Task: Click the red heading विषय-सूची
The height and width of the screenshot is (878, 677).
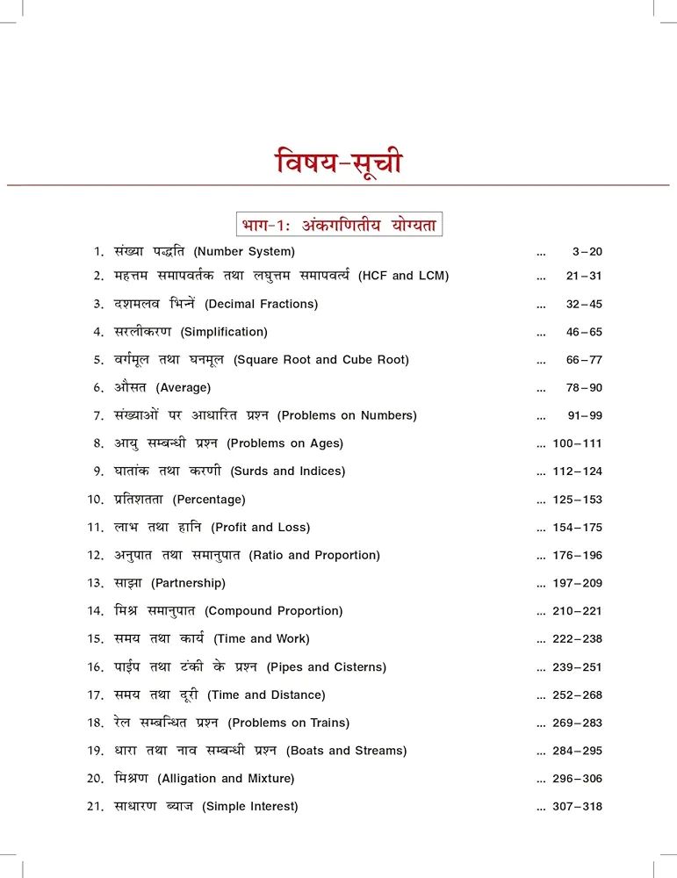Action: tap(338, 164)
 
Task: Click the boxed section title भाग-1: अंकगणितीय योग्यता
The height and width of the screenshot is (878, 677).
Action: tap(338, 224)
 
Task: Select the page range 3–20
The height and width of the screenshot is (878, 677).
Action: tap(587, 252)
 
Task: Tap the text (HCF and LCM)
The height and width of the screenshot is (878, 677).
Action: tap(403, 276)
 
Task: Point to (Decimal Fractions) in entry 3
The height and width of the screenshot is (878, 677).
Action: tap(261, 304)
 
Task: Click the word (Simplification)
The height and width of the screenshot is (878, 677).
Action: tap(224, 332)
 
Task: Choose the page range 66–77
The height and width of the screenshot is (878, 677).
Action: tap(584, 360)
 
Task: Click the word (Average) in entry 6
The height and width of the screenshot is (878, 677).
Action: tap(184, 387)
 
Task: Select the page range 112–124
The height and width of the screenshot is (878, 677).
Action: tap(577, 471)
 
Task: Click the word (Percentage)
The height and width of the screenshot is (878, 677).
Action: tap(209, 500)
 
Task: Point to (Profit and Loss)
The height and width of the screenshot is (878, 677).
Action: tap(260, 528)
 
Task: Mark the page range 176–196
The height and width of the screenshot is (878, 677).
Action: tap(577, 556)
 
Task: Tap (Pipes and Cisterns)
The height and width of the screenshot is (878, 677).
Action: tap(326, 667)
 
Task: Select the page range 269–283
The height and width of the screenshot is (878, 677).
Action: tap(577, 723)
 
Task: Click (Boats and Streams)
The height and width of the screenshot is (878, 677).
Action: tap(346, 751)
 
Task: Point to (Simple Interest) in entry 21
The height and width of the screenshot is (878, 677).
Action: tap(250, 807)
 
